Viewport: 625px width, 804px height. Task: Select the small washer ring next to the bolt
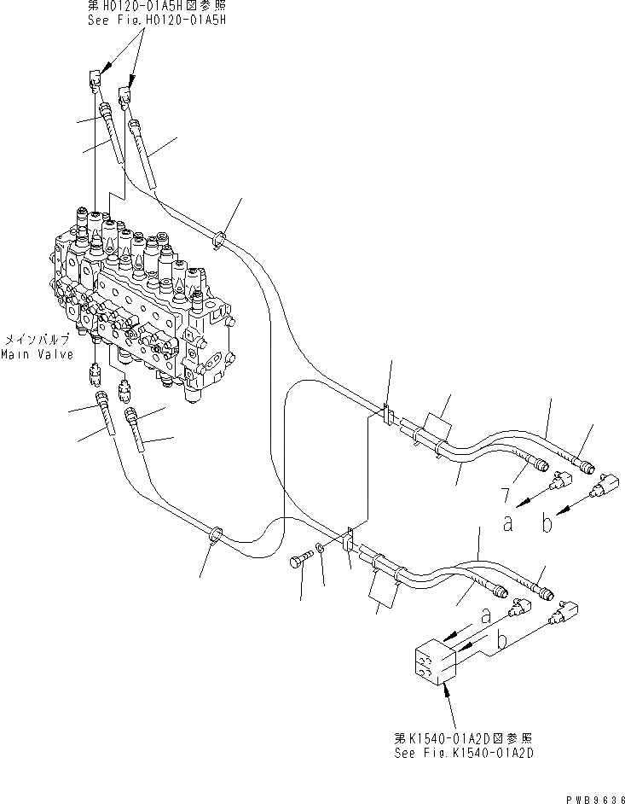click(319, 548)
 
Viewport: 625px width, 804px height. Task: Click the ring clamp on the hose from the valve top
click(219, 239)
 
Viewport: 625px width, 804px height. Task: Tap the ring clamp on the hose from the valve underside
click(216, 535)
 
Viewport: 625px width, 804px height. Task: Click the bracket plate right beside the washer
click(348, 542)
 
